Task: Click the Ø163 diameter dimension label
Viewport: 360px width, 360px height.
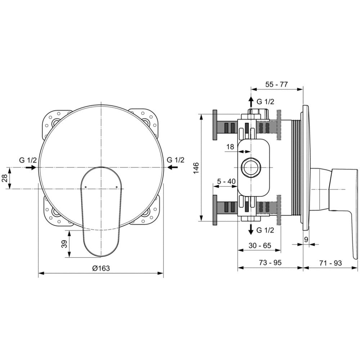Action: point(101,268)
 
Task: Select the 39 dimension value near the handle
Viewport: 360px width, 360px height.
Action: point(65,244)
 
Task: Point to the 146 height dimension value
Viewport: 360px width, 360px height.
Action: point(196,168)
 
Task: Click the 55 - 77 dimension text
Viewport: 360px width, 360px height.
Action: point(276,84)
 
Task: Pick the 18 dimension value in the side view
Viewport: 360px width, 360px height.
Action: point(230,147)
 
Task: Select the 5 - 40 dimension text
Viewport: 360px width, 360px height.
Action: point(226,181)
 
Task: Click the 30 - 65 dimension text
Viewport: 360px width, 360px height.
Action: point(260,246)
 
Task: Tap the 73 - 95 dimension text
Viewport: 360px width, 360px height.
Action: point(270,262)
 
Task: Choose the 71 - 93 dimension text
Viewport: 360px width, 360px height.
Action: point(330,263)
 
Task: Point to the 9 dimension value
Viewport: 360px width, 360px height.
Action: point(306,239)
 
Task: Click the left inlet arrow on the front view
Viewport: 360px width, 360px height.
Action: point(31,168)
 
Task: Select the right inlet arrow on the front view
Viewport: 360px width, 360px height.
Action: point(172,167)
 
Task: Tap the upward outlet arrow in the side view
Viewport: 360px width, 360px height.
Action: point(251,102)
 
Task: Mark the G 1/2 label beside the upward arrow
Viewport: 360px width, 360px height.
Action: point(265,102)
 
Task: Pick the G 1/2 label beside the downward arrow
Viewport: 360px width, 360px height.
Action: point(265,230)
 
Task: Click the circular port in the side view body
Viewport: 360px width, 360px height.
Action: point(251,167)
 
